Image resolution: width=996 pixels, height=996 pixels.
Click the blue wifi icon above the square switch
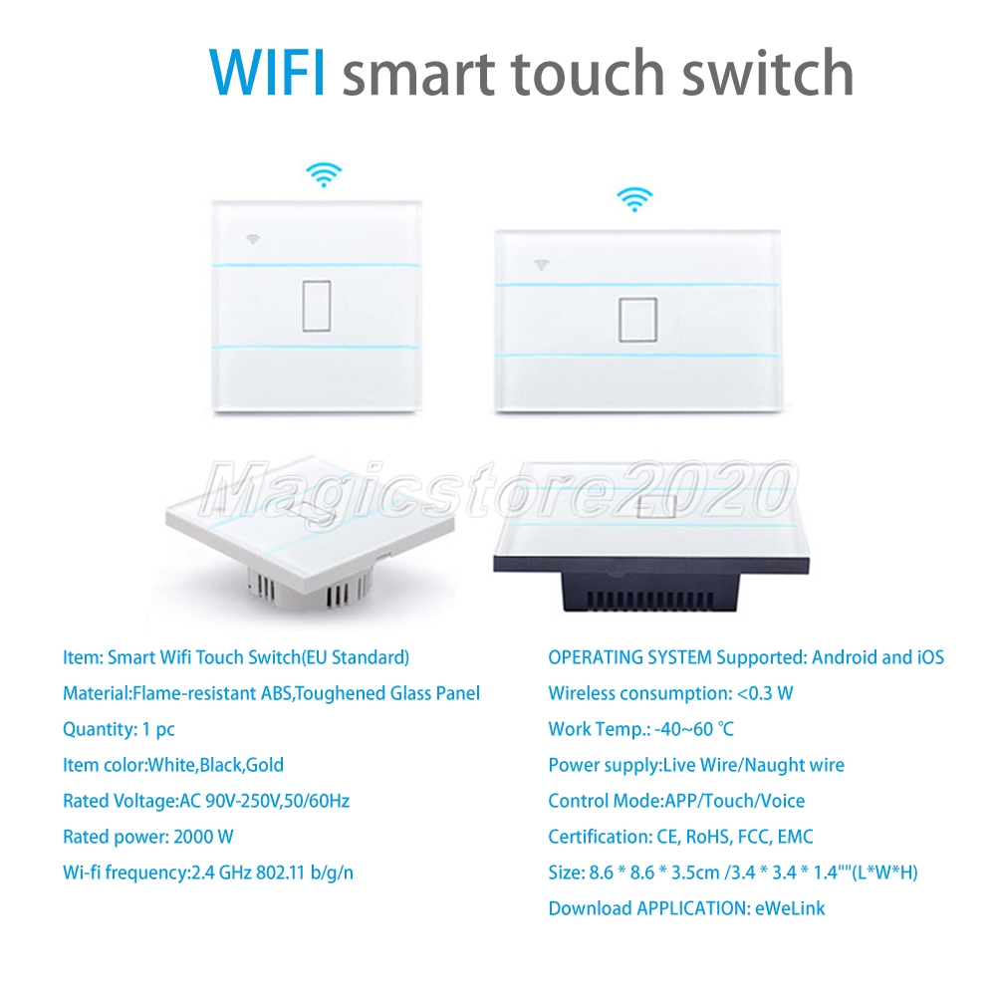click(x=324, y=174)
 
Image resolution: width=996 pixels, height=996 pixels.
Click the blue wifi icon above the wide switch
click(x=634, y=199)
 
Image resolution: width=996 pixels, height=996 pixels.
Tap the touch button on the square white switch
click(x=317, y=306)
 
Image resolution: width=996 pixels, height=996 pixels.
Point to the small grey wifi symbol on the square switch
click(x=253, y=239)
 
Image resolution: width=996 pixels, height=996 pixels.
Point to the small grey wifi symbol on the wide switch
click(x=541, y=265)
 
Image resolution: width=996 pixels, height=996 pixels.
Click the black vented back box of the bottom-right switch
click(x=649, y=592)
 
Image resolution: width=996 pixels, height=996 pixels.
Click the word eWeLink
click(x=790, y=908)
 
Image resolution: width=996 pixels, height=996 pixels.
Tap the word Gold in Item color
click(x=264, y=765)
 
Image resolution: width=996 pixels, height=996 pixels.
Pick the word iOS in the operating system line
click(x=930, y=657)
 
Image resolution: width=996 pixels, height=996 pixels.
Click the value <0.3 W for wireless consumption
click(x=765, y=693)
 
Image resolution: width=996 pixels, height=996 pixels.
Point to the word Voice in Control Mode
click(x=782, y=801)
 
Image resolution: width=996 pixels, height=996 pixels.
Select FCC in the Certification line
click(x=754, y=837)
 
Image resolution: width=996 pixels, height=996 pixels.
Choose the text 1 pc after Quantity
click(x=157, y=729)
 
